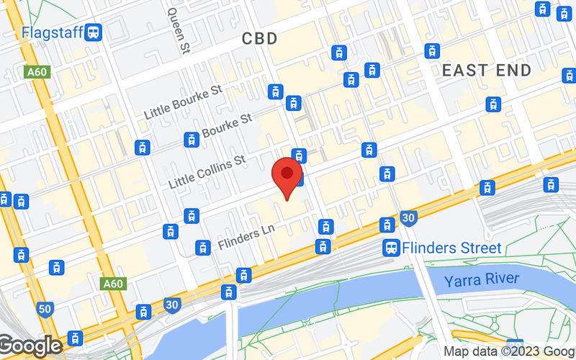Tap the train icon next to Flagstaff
point(93,32)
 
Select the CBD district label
point(259,39)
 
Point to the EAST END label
point(486,71)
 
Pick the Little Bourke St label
point(185,102)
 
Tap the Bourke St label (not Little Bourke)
point(226,127)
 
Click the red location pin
point(287,174)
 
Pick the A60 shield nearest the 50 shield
point(112,284)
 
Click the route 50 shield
point(45,310)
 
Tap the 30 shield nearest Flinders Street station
point(409,217)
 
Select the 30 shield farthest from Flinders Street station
point(171,305)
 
